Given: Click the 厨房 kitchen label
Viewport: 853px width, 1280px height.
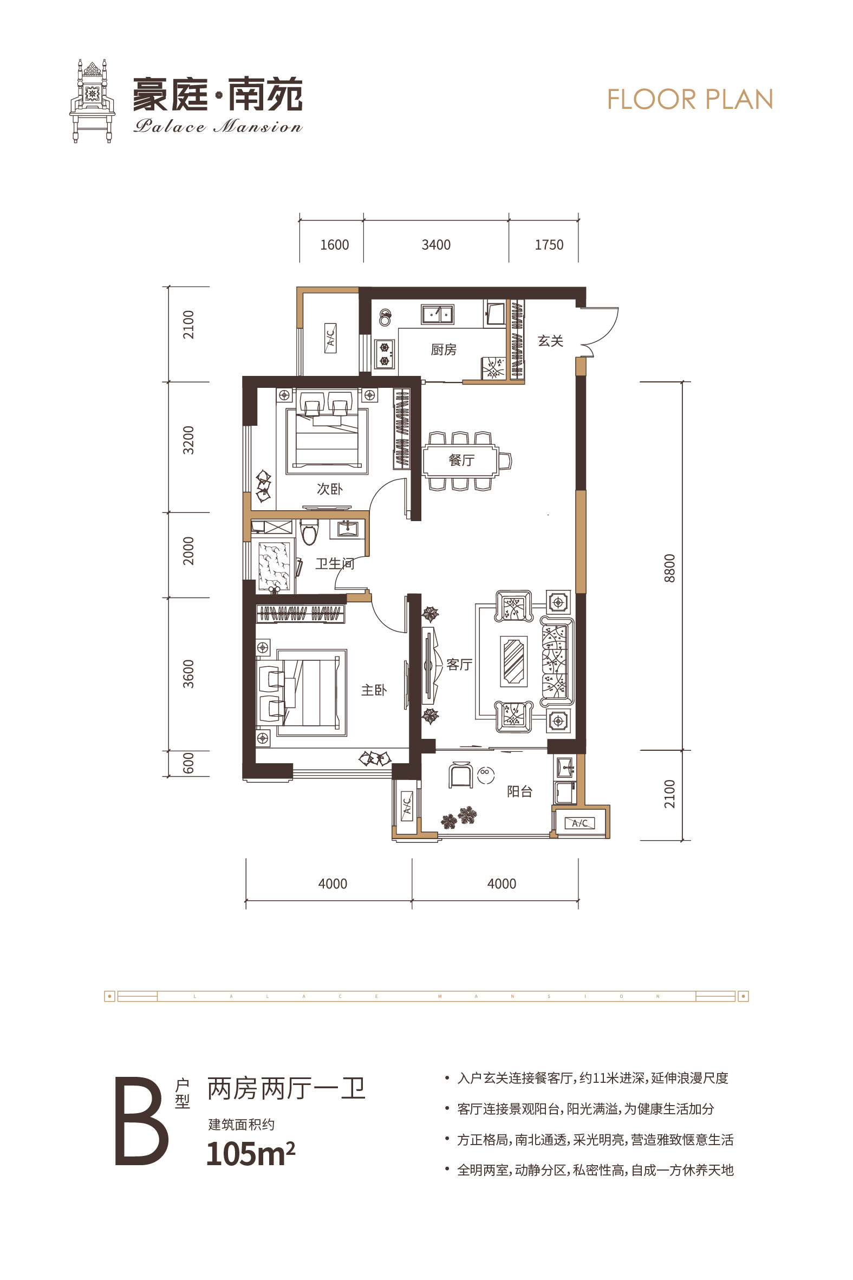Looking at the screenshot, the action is click(x=444, y=350).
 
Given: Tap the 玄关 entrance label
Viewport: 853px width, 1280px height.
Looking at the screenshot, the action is click(x=550, y=341).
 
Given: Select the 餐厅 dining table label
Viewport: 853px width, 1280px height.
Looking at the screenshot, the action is click(x=461, y=460).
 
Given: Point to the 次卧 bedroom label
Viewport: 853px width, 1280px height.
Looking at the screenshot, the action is click(x=330, y=489).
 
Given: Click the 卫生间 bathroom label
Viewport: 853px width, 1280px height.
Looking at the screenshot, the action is click(x=335, y=563).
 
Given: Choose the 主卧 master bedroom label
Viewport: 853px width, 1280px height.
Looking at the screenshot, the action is click(x=374, y=690).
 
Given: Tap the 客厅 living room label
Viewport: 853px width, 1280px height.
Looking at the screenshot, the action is click(x=459, y=665).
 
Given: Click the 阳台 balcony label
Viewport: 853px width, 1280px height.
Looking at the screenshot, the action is click(x=519, y=791).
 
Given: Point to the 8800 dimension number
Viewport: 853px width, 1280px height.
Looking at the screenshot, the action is click(x=669, y=568).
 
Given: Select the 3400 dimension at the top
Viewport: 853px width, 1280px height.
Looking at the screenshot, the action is click(x=437, y=245).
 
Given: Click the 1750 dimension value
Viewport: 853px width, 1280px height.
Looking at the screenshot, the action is click(x=549, y=245).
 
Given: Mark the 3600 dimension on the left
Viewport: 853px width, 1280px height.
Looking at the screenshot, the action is click(x=188, y=674).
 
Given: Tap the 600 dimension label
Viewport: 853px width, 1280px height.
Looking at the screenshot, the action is click(x=188, y=763).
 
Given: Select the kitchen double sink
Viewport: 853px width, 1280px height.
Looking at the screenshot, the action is click(x=438, y=314).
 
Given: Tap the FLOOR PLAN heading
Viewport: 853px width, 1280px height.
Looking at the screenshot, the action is click(x=690, y=100).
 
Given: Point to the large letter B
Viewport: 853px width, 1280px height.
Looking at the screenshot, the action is click(x=141, y=1121).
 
